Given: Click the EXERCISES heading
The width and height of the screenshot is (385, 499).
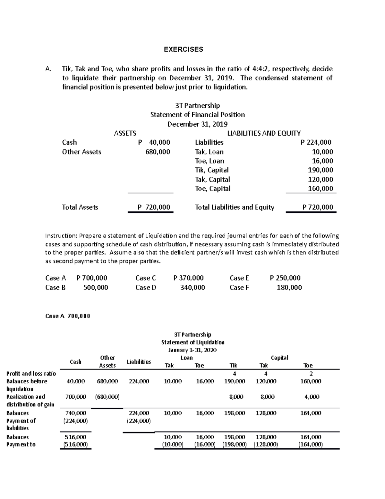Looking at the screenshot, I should [x=183, y=49].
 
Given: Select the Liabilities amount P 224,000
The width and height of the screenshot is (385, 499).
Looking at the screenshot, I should [x=316, y=142].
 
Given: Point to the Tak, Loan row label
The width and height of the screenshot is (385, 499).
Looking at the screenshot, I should [x=209, y=152].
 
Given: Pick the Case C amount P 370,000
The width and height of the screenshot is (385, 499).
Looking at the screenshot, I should [x=188, y=278].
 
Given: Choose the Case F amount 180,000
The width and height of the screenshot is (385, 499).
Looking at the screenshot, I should [x=289, y=287].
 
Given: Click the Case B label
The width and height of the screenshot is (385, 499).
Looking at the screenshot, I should [x=56, y=287].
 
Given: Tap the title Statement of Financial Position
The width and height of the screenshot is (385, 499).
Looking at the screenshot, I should [x=197, y=115].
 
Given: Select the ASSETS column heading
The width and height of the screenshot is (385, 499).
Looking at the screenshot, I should [x=125, y=133].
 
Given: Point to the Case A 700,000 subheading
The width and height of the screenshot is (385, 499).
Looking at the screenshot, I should [x=68, y=316].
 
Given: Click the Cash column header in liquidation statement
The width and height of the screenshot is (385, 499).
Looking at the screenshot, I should [x=75, y=362].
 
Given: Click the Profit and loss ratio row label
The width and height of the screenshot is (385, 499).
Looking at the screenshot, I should [x=31, y=373].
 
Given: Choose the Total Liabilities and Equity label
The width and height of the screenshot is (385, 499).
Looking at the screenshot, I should [x=235, y=207].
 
